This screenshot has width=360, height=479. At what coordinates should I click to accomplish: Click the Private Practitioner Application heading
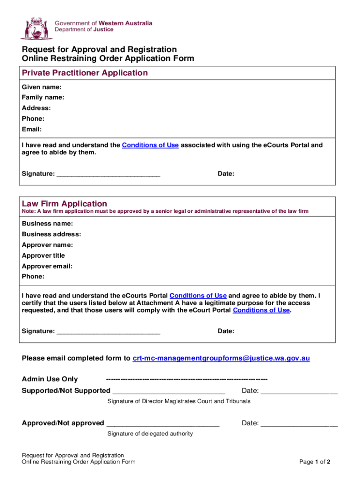click(85, 73)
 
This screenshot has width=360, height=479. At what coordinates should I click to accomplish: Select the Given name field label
click(42, 87)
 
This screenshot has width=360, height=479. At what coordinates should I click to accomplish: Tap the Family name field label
click(43, 97)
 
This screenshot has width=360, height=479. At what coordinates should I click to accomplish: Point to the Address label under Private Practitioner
click(36, 108)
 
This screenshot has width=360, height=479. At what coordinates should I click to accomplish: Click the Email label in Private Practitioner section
click(32, 129)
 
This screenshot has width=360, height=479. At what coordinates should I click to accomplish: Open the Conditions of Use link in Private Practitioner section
click(150, 145)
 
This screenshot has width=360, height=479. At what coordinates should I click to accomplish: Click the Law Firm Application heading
click(65, 204)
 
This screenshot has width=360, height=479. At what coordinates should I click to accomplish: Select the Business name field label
click(47, 224)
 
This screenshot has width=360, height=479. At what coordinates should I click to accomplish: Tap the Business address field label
click(51, 234)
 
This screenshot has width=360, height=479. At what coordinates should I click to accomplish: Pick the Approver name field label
click(47, 245)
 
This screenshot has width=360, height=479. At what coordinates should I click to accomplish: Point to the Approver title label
click(43, 255)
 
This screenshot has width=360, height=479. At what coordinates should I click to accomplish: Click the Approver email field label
click(47, 266)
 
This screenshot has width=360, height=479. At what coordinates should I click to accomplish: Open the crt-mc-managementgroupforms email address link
click(221, 358)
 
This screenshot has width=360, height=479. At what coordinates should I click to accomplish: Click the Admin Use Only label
click(50, 379)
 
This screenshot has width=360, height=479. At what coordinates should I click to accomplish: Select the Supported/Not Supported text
click(66, 391)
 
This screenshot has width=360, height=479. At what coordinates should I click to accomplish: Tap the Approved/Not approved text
click(63, 423)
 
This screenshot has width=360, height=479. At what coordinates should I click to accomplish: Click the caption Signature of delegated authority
click(150, 434)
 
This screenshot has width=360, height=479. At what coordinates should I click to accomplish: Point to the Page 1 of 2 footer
click(315, 462)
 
